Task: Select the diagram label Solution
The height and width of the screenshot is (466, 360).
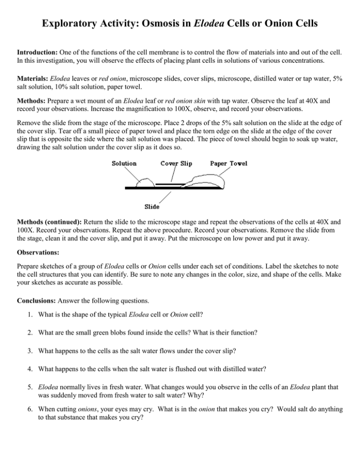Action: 124,164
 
